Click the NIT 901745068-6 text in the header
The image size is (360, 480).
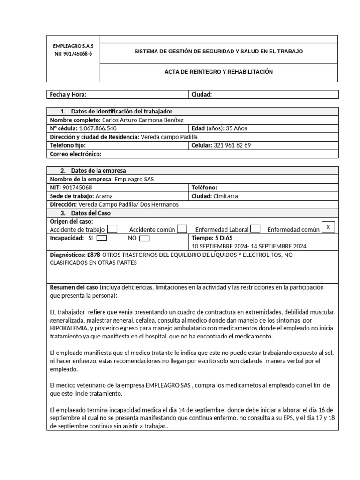click(x=73, y=54)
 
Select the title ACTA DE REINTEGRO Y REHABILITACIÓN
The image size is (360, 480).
click(x=218, y=72)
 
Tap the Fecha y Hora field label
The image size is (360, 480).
click(x=68, y=95)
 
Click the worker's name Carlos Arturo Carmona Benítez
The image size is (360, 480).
click(x=139, y=120)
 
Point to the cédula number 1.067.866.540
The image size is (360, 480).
click(x=98, y=128)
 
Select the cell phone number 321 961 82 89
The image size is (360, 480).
click(x=232, y=145)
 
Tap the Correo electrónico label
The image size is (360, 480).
click(x=75, y=154)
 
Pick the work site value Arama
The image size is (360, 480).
click(x=104, y=196)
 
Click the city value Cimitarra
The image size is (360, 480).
click(x=225, y=196)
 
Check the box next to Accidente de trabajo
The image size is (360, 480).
click(x=112, y=229)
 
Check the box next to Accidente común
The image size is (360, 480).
click(x=182, y=229)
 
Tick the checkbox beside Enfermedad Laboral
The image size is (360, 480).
click(x=255, y=229)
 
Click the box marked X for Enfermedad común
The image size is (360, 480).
click(x=328, y=227)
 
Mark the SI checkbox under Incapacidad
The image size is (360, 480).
click(x=102, y=238)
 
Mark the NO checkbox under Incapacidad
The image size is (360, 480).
click(x=144, y=238)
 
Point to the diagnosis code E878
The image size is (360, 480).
click(x=94, y=255)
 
